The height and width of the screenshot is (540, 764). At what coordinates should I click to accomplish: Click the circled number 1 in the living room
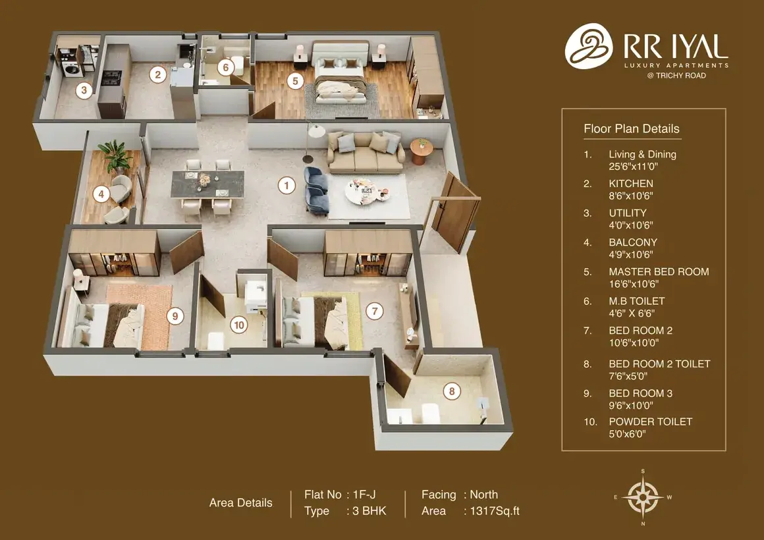point(286,185)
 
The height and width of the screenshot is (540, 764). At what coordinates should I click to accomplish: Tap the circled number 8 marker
point(452,391)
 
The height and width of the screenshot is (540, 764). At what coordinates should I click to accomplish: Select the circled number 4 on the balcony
point(101,194)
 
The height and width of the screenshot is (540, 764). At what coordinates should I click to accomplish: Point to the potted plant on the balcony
point(115,155)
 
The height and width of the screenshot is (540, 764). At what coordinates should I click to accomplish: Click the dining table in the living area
point(207,184)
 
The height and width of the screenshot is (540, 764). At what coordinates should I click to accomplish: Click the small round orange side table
point(422,151)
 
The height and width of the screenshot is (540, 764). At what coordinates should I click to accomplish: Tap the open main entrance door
point(452,213)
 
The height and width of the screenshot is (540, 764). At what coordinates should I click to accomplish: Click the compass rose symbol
point(643,497)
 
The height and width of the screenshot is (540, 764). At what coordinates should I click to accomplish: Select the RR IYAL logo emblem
point(589,46)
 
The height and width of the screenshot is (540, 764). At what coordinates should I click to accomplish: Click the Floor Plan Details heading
point(632,128)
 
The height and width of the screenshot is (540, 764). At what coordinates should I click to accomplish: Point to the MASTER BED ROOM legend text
point(659,272)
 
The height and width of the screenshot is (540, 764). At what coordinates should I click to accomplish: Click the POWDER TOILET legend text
point(651,421)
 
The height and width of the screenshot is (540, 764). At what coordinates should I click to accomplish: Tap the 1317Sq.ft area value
point(495,511)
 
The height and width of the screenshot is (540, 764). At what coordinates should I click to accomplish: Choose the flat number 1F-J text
point(364,495)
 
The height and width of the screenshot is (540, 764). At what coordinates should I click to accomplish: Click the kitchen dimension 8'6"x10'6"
point(630,196)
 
